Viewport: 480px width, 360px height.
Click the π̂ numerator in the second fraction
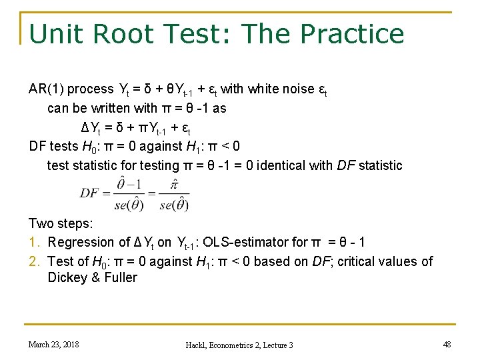click(x=174, y=183)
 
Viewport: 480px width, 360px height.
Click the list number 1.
click(x=33, y=242)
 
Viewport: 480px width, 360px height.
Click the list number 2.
click(x=34, y=261)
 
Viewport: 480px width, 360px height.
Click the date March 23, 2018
click(x=53, y=344)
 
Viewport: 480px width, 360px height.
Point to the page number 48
click(x=446, y=344)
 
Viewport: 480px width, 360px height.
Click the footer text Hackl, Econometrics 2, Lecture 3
click(x=239, y=345)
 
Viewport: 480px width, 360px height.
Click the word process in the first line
click(x=91, y=89)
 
